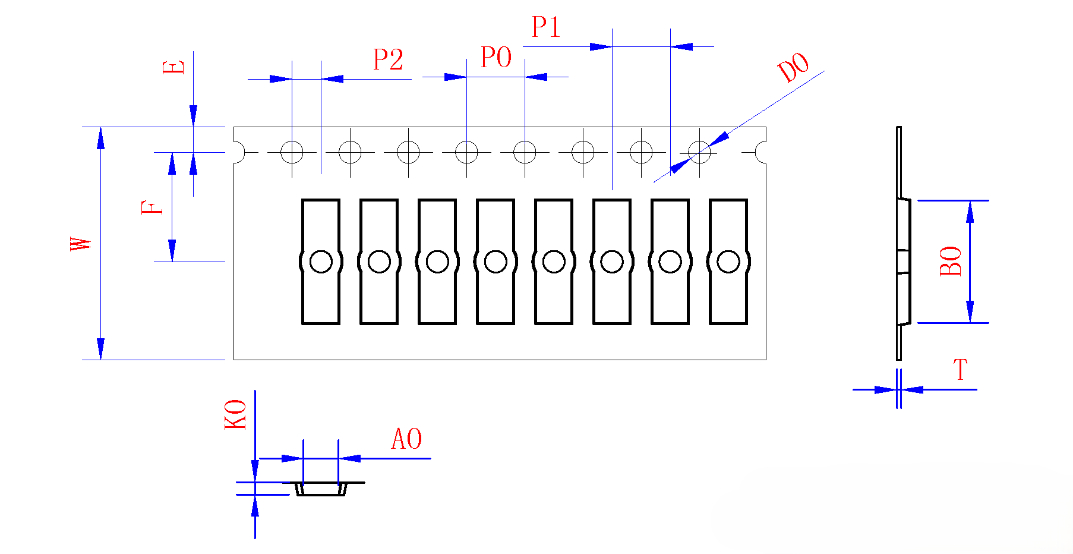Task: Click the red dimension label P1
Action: point(545,27)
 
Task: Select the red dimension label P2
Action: point(388,59)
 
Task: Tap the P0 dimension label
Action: point(496,58)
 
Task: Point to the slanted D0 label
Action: point(794,67)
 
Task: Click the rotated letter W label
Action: point(81,244)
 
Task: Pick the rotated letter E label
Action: point(173,67)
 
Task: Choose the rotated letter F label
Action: point(152,207)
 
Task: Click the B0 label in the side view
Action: point(951,261)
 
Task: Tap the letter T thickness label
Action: point(961,370)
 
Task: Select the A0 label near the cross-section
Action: point(406,439)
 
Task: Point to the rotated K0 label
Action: point(235,414)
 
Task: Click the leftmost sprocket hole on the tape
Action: point(292,152)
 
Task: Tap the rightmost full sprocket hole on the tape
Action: point(699,152)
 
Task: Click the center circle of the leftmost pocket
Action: point(321,262)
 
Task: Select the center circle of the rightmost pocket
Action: point(728,262)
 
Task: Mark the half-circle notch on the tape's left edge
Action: point(239,152)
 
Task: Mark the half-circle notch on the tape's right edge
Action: point(761,152)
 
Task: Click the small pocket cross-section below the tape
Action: point(321,489)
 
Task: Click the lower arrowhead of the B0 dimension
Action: point(970,312)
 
